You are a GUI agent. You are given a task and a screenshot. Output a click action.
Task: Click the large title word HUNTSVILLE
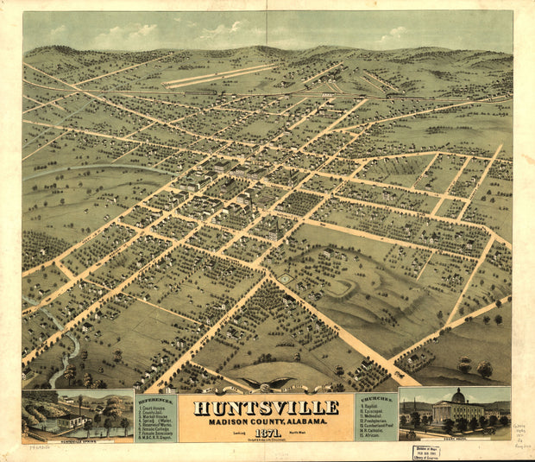pyautogui.click(x=266, y=408)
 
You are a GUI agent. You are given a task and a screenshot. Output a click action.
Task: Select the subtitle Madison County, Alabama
pyautogui.click(x=266, y=421)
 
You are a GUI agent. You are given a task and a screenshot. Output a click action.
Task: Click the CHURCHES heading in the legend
pyautogui.click(x=377, y=398)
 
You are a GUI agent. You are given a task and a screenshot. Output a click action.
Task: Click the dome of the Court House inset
pyautogui.click(x=458, y=396)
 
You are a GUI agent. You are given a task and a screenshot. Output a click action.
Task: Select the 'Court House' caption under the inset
pyautogui.click(x=455, y=436)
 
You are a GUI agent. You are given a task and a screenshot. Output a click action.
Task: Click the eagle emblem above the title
pyautogui.click(x=265, y=383)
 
